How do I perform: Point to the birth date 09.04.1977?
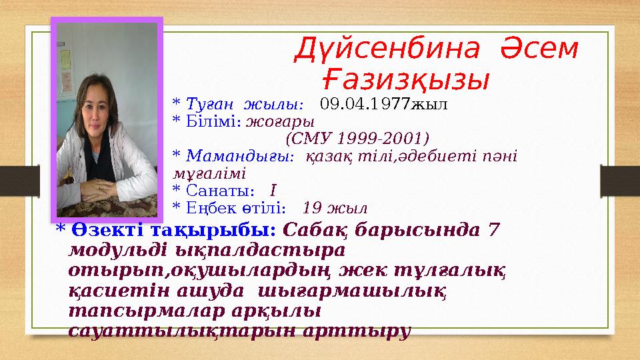365,105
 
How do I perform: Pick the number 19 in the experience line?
313,207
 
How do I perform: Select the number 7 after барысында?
493,229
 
